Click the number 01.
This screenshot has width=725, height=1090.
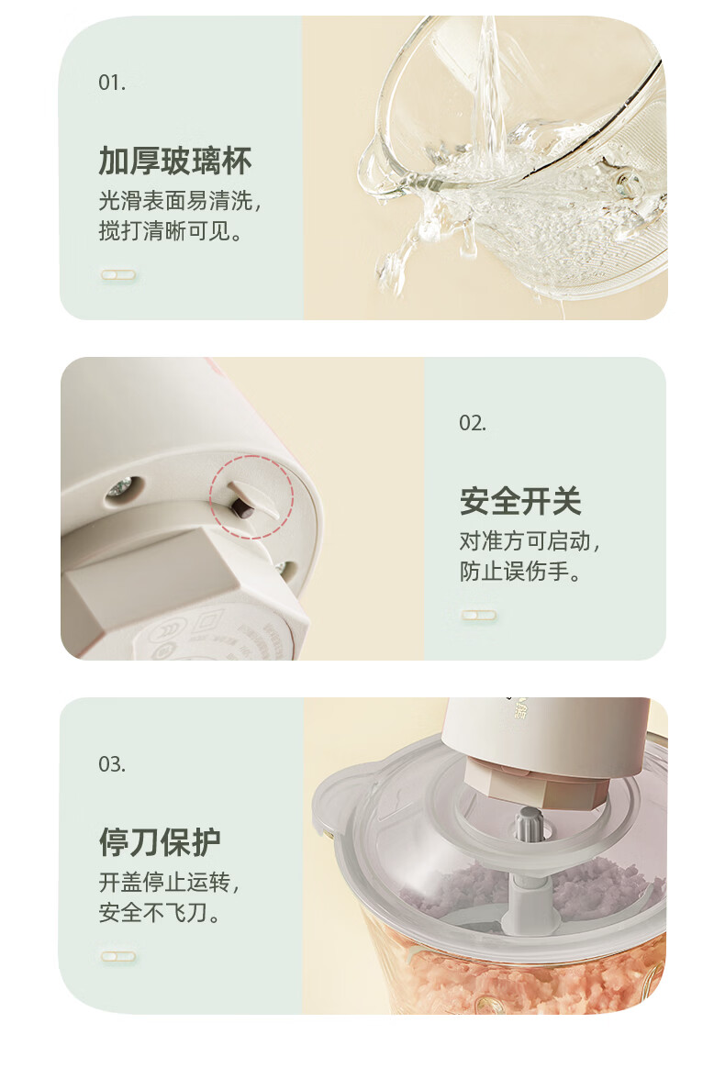point(112,83)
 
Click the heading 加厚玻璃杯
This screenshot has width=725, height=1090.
point(175,161)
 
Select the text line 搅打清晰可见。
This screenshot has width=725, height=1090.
point(171,230)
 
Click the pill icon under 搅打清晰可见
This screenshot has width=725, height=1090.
point(118,274)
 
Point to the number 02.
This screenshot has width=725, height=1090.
point(473,423)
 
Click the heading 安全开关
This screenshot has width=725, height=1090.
point(520,501)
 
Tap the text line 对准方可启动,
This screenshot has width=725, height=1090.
point(530,540)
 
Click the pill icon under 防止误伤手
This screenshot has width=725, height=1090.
point(479,615)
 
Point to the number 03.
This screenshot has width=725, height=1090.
point(112,764)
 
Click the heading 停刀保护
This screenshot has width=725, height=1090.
point(160,842)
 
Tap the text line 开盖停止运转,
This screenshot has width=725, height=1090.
point(170,882)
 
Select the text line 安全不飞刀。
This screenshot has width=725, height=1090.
point(160,912)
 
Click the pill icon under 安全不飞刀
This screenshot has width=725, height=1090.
point(118,956)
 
